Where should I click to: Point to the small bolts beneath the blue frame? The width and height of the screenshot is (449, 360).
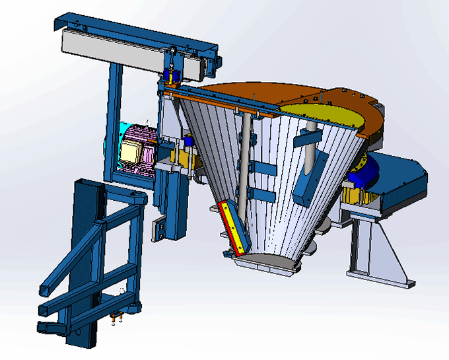point(118,320)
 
